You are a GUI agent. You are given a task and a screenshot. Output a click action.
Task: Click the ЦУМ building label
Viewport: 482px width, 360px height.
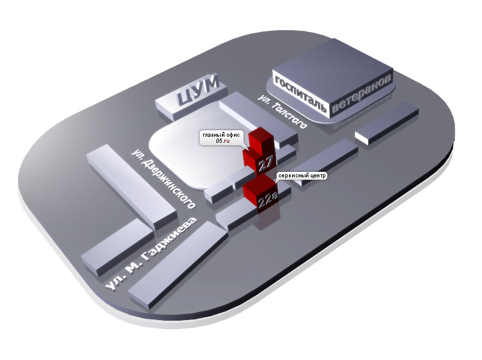coord(198,90)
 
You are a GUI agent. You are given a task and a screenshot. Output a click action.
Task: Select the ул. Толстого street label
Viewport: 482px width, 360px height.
coord(282,111)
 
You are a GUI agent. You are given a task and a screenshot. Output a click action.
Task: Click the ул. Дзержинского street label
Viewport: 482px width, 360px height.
coord(163,179)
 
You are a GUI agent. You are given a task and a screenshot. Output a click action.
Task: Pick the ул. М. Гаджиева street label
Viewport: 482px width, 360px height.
coord(151,254)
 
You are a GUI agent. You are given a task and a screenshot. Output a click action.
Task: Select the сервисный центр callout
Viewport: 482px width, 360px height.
coord(301,176)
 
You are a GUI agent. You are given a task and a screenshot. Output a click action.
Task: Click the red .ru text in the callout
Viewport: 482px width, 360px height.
coord(227,141)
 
